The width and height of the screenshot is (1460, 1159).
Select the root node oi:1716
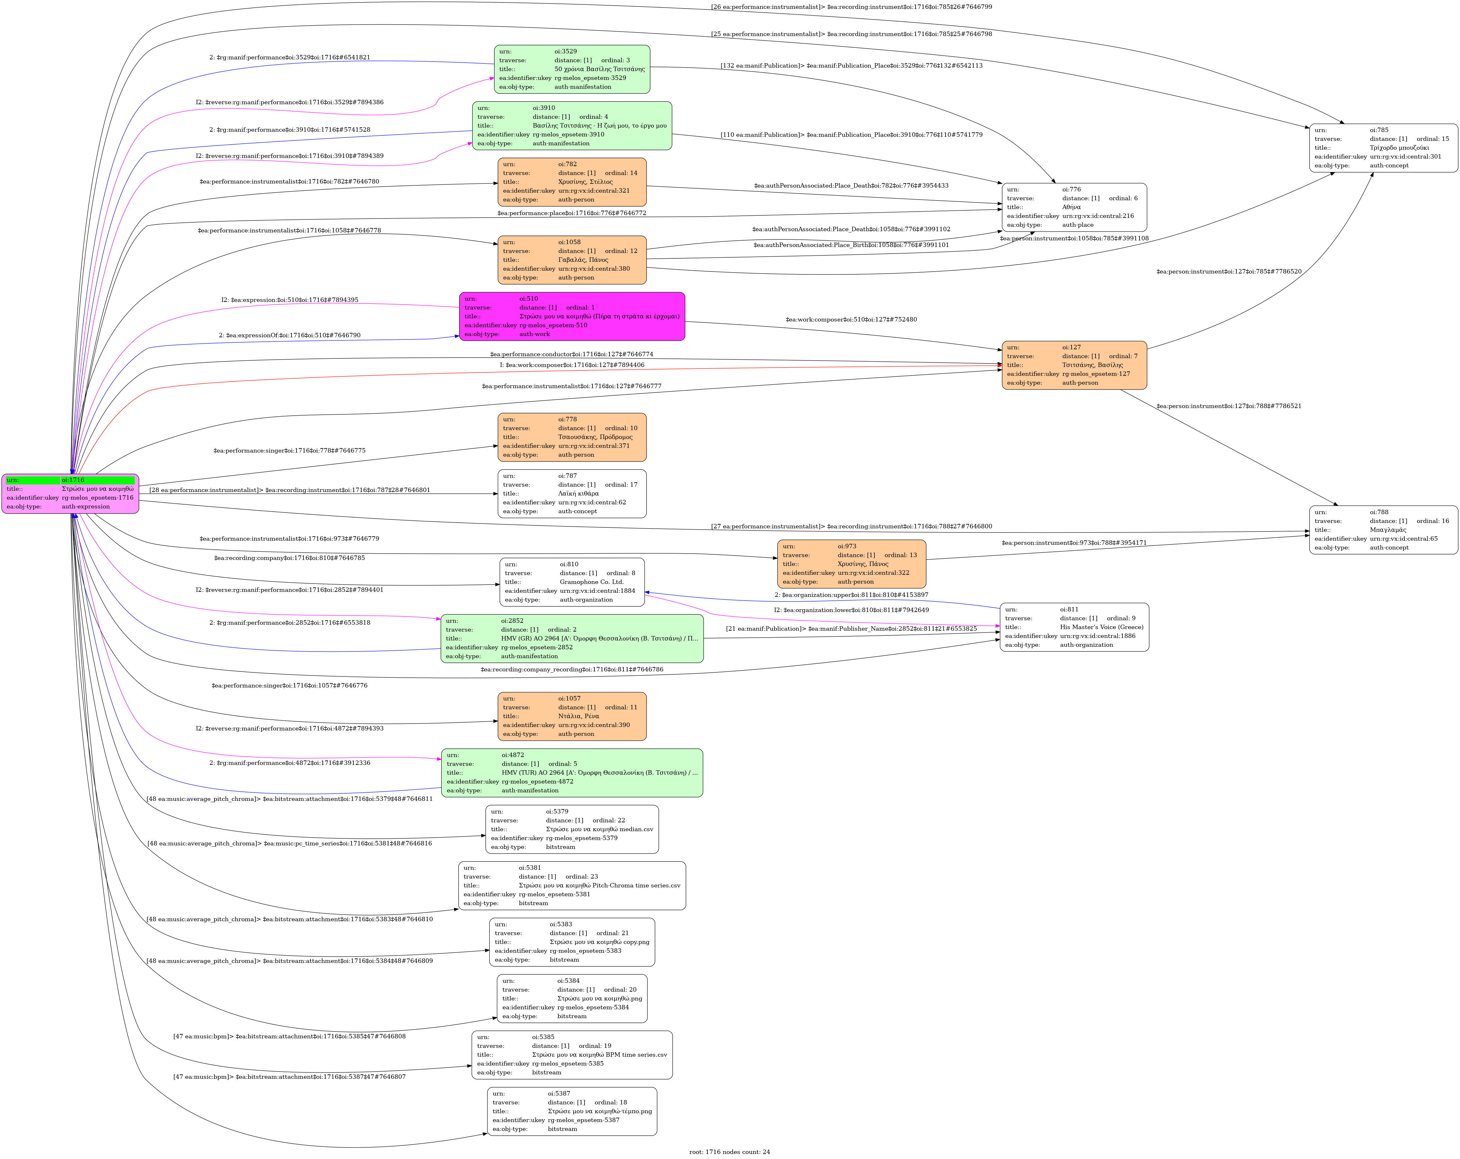tap(70, 494)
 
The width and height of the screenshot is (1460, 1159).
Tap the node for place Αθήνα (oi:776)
tap(1074, 207)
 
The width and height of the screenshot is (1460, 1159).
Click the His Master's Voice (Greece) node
tap(1074, 627)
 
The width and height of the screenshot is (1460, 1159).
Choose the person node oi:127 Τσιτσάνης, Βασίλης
tap(1074, 365)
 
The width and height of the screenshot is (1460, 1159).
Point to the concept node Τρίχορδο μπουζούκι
tap(1384, 147)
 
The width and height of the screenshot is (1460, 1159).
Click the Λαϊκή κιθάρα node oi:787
tap(572, 494)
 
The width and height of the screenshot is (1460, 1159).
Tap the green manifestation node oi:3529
tap(572, 69)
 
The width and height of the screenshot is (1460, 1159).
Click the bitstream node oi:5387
tap(572, 1111)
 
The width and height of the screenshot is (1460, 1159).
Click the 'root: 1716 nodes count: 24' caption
tap(729, 1151)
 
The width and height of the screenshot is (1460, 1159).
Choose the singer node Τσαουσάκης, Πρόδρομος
tap(572, 437)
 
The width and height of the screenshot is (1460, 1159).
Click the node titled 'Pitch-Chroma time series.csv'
tap(572, 886)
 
